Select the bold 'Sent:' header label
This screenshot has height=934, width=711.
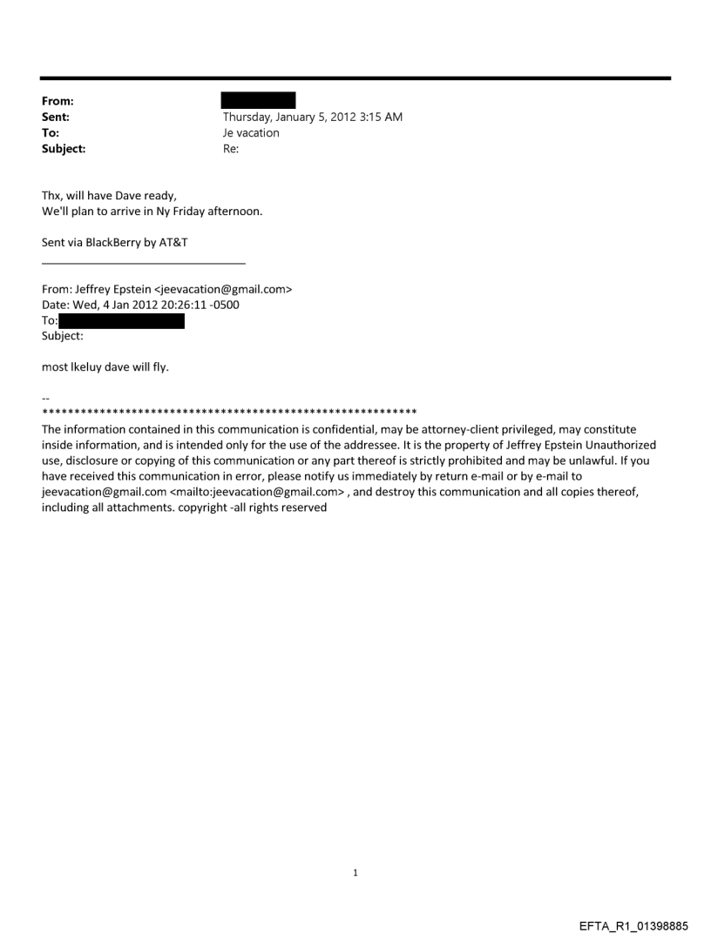56,118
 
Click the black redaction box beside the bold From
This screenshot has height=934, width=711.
258,100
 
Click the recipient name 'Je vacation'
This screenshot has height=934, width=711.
251,133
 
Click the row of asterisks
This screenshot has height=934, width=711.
229,411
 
